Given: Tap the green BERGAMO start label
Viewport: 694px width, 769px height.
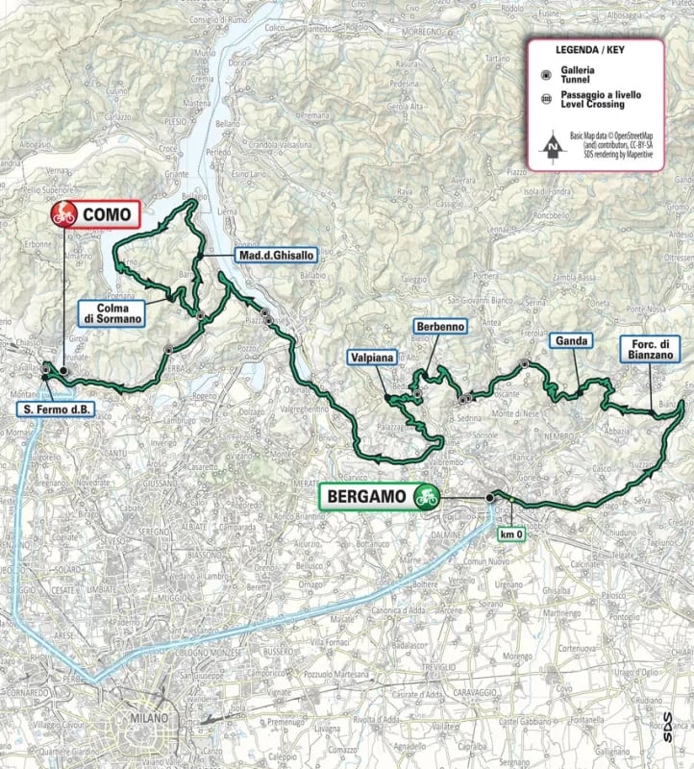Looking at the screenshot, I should (x=370, y=497).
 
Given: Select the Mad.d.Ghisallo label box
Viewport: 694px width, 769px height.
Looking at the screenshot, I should (x=273, y=256).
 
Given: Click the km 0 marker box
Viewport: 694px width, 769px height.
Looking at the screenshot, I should (x=510, y=535).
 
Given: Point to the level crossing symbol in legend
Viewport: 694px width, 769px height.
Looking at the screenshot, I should (x=545, y=100).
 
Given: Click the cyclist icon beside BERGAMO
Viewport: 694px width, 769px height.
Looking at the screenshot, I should (x=426, y=497).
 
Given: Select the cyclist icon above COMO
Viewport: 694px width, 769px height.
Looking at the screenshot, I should (x=64, y=213).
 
